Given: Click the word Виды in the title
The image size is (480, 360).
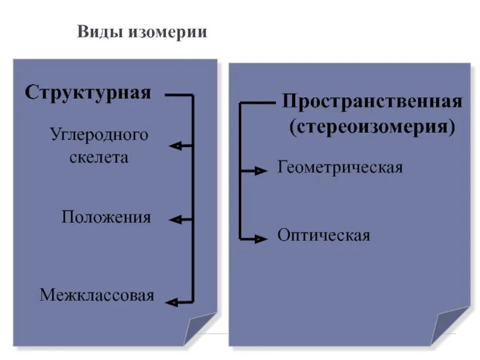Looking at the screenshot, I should (99, 32).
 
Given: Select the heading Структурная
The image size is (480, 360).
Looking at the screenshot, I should (88, 94).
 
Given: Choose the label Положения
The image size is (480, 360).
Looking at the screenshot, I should (106, 217).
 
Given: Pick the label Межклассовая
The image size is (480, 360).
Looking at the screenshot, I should (97, 295).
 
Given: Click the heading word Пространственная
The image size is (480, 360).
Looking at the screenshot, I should (372, 100).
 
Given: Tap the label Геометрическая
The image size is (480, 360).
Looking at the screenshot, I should (340, 167).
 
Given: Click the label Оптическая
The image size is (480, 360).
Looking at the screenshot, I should (323, 235).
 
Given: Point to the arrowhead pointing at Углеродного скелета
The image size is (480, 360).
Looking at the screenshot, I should (176, 146).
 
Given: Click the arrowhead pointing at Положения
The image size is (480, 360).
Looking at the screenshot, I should (176, 220).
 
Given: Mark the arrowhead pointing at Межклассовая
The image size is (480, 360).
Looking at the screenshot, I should (172, 302).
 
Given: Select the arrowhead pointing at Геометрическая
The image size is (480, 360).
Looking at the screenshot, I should (260, 171).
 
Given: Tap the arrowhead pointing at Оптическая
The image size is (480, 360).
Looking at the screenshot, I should (260, 239).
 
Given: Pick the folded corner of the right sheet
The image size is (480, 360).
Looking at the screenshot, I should (449, 327).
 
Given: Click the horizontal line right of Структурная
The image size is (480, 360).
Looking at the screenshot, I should (178, 95).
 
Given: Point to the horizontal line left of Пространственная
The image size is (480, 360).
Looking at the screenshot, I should (258, 103).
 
